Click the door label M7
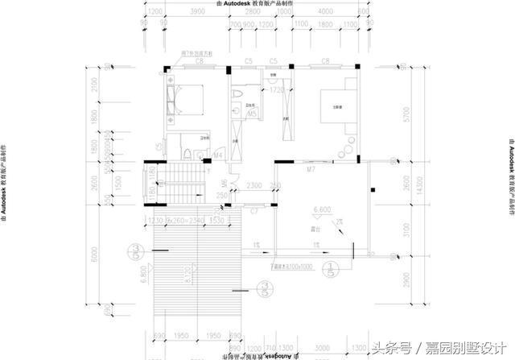(310, 170)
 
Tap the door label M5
(252, 114)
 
